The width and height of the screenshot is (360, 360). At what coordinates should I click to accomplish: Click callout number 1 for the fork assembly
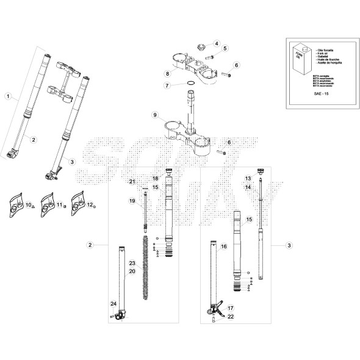click(x=9, y=96)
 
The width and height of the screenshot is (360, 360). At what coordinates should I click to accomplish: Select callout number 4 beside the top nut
click(x=217, y=43)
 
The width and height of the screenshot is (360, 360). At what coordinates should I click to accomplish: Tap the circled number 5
click(x=225, y=48)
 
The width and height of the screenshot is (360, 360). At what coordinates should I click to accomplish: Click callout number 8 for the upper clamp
click(x=167, y=74)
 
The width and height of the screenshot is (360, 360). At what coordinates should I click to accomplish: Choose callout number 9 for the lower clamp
click(x=156, y=114)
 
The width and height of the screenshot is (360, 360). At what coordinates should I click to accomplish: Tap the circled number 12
click(x=89, y=206)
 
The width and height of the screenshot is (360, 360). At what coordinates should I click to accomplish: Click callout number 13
click(x=248, y=178)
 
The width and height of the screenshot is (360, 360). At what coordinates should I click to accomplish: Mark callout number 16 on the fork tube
click(x=223, y=247)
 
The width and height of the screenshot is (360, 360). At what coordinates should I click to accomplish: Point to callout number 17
click(x=231, y=309)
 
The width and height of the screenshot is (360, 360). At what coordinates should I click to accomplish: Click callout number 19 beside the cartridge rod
click(x=131, y=201)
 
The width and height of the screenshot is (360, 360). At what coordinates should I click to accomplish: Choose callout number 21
click(x=131, y=182)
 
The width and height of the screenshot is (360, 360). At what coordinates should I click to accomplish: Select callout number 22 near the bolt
click(x=231, y=317)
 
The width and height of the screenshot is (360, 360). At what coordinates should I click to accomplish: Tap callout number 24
click(x=112, y=303)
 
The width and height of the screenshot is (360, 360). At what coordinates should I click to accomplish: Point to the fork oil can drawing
click(x=300, y=59)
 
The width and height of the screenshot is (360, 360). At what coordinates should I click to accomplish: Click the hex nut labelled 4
click(x=200, y=45)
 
